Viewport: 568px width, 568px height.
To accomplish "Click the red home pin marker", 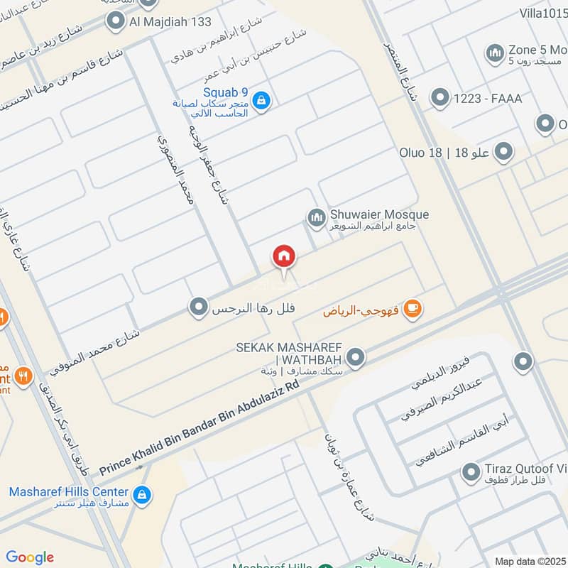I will tap(284, 257).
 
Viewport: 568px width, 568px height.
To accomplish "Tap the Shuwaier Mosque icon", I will tap(316, 219).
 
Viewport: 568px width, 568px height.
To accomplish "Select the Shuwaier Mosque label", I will tap(379, 214).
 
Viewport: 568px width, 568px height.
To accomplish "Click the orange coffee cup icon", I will tap(412, 309).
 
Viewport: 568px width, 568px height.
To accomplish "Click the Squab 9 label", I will tap(225, 92).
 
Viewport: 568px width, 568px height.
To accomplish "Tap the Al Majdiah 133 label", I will tap(170, 22).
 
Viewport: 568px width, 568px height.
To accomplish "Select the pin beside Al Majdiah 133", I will tap(115, 22).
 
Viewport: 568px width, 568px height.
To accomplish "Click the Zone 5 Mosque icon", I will tap(495, 53).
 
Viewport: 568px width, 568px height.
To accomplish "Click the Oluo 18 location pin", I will tap(503, 152).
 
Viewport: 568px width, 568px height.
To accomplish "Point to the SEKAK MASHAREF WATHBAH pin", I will tap(356, 358).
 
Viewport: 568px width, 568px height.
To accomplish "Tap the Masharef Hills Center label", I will tap(69, 492).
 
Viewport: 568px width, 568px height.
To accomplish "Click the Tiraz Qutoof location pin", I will tap(470, 471).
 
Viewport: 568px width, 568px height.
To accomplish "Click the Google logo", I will tap(30, 557).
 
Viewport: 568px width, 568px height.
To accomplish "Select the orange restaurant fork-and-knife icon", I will tap(24, 376).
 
